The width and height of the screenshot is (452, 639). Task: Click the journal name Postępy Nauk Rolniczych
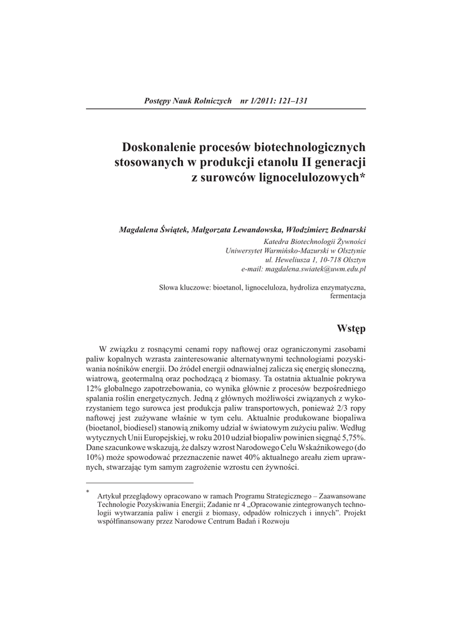tap(188, 100)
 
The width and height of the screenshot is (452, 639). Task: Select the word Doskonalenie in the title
tap(158, 148)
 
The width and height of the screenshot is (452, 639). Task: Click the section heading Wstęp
tap(351, 328)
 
